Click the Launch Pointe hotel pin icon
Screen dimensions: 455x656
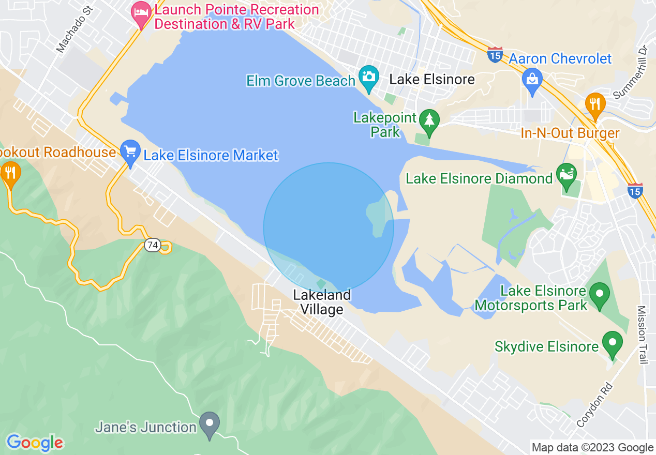(141, 14)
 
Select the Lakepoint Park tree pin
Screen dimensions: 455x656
(429, 120)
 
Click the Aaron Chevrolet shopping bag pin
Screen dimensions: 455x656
(532, 81)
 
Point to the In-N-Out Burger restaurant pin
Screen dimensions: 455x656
(595, 104)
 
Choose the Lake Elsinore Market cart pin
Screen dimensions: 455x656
(130, 152)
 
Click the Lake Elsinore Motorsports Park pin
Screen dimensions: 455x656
(600, 295)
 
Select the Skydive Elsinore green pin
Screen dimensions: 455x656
(613, 343)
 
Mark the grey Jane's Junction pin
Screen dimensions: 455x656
(210, 424)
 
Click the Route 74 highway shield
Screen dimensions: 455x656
(152, 245)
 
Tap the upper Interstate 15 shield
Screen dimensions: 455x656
(495, 54)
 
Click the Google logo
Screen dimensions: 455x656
(35, 443)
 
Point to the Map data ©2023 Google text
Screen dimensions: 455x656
(593, 448)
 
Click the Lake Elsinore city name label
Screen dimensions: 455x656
(432, 79)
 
